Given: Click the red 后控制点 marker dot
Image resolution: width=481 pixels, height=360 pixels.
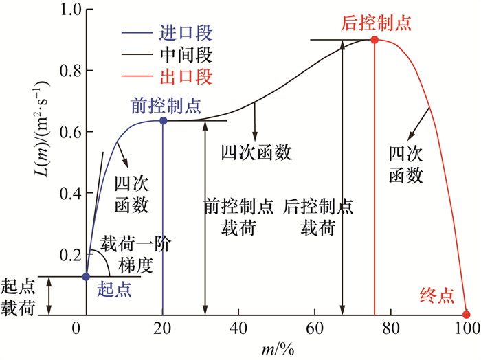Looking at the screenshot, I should (x=374, y=40).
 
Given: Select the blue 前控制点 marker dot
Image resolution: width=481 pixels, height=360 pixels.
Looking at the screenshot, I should (x=163, y=121).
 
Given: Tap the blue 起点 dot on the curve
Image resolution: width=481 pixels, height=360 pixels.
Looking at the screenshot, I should (x=86, y=277).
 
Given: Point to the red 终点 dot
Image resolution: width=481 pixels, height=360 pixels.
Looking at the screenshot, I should (x=466, y=314).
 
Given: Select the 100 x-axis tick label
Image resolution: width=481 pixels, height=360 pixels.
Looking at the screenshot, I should (x=467, y=328).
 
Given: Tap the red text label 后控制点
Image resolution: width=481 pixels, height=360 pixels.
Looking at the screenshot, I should (x=376, y=23).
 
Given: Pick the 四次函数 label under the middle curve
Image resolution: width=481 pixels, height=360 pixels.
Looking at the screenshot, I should (x=256, y=153).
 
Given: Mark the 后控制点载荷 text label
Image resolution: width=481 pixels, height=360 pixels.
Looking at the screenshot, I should (x=318, y=216).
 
